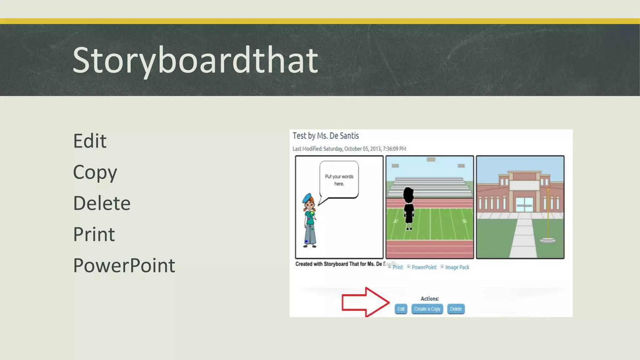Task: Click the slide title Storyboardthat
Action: tap(195, 60)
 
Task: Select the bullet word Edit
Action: tap(90, 141)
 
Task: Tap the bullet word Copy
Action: tap(95, 172)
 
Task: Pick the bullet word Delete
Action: tap(102, 203)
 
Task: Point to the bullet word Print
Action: tap(94, 234)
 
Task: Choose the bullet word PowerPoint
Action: tap(124, 266)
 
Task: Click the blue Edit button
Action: tap(401, 309)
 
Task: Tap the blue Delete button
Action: tap(456, 309)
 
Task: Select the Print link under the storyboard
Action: tap(397, 267)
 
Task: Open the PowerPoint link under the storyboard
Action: tap(424, 267)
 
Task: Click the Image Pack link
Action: tap(457, 267)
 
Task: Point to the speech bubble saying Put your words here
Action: tap(339, 180)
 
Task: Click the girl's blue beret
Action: tap(307, 197)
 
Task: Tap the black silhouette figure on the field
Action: tap(408, 208)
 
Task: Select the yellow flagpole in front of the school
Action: tap(548, 216)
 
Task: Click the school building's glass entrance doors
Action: tap(524, 205)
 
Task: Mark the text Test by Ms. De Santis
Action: tap(325, 136)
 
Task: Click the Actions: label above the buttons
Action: tap(430, 299)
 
